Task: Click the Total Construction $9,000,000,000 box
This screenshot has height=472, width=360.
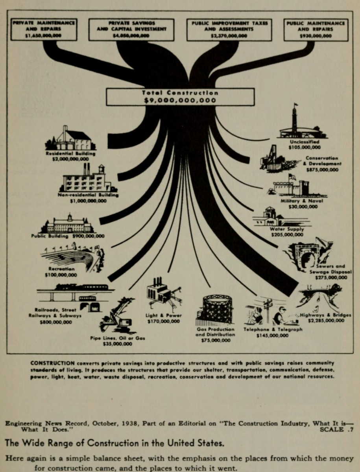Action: pyautogui.click(x=180, y=97)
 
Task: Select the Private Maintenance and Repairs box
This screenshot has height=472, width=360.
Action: pyautogui.click(x=44, y=29)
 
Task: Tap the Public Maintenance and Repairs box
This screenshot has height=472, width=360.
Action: pyautogui.click(x=316, y=29)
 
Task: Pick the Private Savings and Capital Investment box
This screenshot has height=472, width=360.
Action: pyautogui.click(x=131, y=29)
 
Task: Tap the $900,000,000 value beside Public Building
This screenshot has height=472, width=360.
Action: pyautogui.click(x=89, y=236)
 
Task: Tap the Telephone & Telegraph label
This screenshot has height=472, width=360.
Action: pyautogui.click(x=273, y=330)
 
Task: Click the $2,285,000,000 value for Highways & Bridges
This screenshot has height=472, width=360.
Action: pyautogui.click(x=326, y=321)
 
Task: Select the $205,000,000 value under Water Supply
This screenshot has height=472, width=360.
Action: pyautogui.click(x=287, y=234)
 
